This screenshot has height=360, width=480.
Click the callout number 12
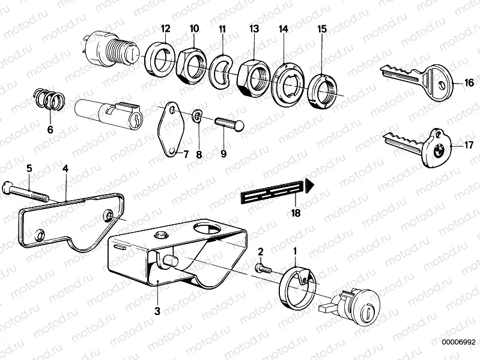[165, 28]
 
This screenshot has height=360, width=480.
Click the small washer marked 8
[196, 115]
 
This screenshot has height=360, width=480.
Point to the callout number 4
[65, 169]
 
